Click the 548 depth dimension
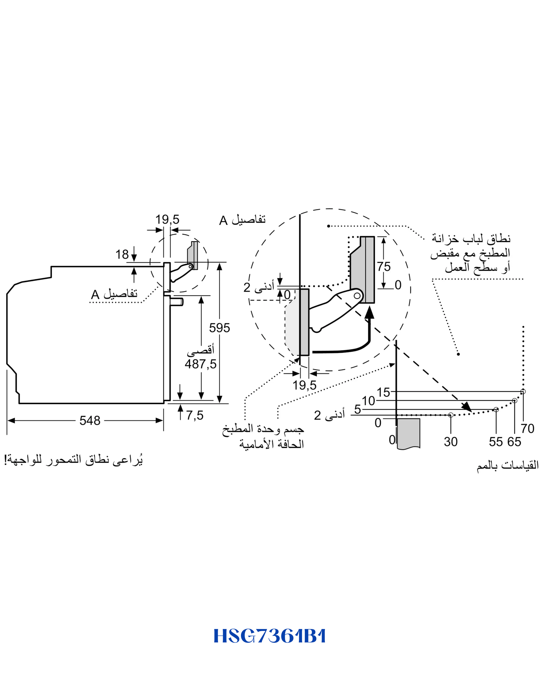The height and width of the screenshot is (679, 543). (90, 421)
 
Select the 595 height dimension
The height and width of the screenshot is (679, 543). (219, 328)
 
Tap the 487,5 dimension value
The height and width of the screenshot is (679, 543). (200, 364)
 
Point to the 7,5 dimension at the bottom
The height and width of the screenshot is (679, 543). (195, 415)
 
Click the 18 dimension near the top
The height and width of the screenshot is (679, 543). (122, 254)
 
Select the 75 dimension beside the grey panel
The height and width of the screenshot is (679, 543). (384, 266)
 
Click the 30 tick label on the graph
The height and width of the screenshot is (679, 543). (451, 442)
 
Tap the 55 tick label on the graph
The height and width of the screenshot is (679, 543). (496, 442)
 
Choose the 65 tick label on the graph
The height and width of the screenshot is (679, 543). (514, 442)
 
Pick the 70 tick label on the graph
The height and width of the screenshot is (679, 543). (527, 429)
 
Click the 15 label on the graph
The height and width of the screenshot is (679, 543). (383, 392)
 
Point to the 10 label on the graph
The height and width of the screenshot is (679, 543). (368, 401)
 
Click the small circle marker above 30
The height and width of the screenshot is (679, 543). (451, 415)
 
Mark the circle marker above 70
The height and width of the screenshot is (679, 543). (523, 392)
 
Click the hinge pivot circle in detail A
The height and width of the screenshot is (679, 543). (357, 296)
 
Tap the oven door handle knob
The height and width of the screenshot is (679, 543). (177, 302)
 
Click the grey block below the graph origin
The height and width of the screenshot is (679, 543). (408, 434)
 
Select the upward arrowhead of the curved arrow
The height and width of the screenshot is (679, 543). (369, 313)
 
